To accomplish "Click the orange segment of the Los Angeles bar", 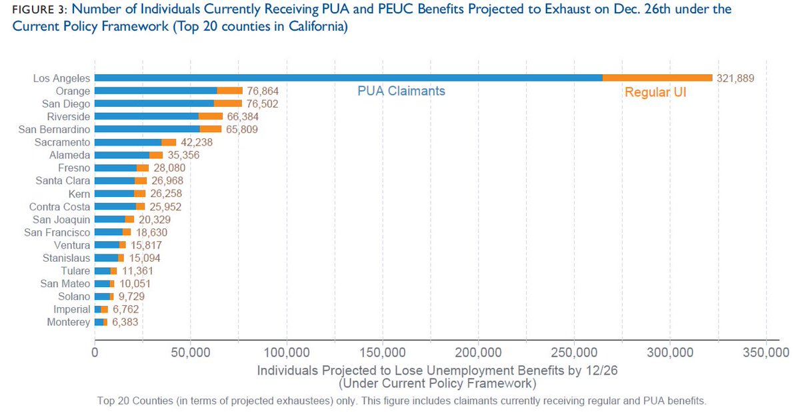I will [657, 78].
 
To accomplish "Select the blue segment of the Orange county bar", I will [155, 91].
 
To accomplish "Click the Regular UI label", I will [655, 93].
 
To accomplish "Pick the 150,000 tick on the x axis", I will [383, 353].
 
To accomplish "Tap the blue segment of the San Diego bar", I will [154, 104].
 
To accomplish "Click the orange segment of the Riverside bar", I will [210, 116].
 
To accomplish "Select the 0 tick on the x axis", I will [95, 353].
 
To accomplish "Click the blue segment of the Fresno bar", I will [115, 168].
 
